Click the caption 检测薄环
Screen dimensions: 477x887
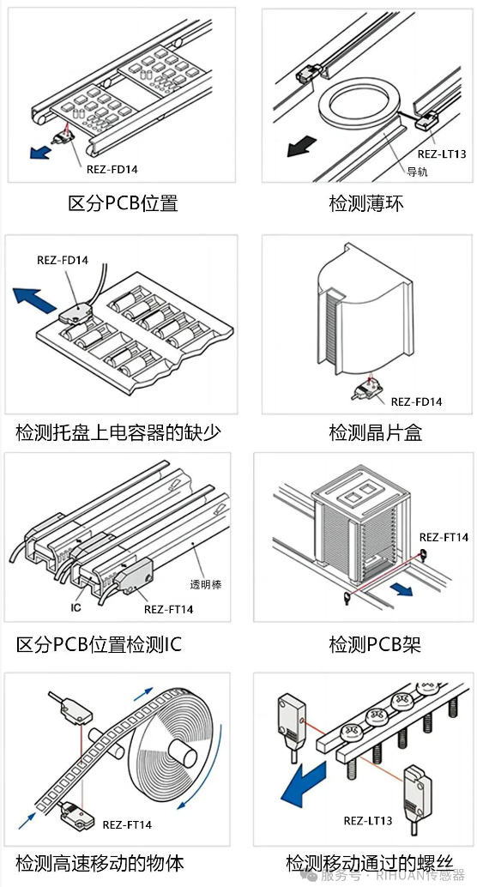coord(366,203)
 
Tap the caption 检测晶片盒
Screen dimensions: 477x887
coord(376,432)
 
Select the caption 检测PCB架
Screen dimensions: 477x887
coord(375,644)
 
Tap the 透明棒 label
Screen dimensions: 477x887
coord(206,585)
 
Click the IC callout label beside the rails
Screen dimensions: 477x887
coord(76,608)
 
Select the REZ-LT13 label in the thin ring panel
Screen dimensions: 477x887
coord(442,154)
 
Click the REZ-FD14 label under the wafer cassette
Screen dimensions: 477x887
coord(416,401)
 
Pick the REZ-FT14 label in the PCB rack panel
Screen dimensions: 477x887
coord(444,537)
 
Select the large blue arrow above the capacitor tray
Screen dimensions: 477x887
coord(35,298)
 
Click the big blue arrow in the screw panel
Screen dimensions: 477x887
coord(304,781)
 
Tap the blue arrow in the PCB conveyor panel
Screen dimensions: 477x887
coord(40,152)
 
